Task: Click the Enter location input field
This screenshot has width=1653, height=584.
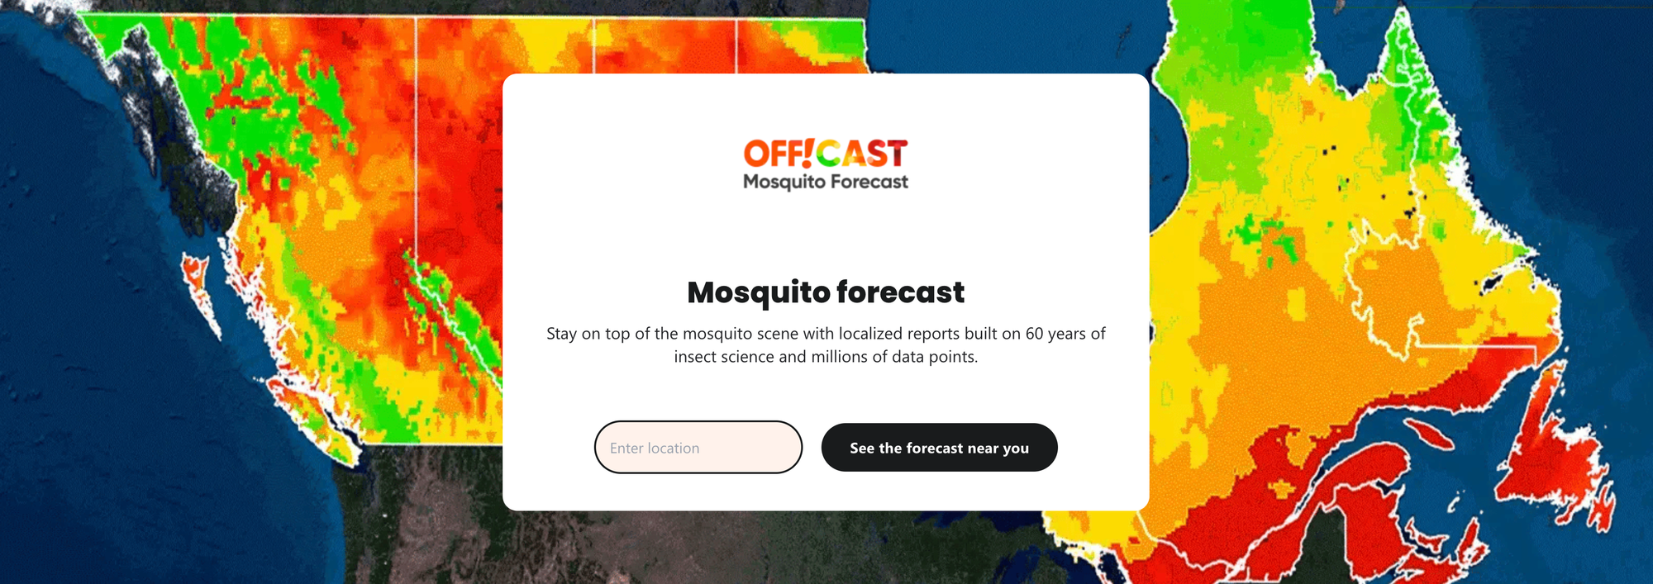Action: pos(698,447)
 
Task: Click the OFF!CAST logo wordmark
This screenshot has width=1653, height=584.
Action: pos(826,154)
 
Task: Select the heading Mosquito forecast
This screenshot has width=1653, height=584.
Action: pos(826,292)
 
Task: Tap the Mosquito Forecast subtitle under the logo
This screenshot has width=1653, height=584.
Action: pos(826,182)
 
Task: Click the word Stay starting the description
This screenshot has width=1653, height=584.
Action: pos(562,335)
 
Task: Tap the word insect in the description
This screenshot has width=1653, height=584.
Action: pos(695,357)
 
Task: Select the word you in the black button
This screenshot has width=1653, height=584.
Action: pos(1016,449)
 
